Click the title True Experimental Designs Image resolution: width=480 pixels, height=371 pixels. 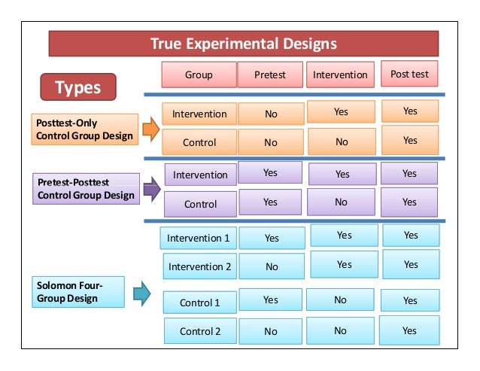(243, 44)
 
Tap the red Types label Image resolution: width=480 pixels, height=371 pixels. (78, 87)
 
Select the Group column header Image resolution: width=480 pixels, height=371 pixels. (199, 75)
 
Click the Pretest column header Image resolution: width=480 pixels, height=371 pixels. (270, 75)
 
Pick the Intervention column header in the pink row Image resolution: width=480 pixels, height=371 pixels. (340, 75)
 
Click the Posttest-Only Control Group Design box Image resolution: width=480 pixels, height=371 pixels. (85, 129)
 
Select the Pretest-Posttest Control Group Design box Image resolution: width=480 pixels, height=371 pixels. (87, 189)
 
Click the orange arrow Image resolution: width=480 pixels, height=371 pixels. (150, 129)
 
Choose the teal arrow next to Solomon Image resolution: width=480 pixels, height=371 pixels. (141, 293)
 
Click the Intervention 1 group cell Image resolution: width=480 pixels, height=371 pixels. (199, 238)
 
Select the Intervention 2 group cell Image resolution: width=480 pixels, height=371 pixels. (200, 266)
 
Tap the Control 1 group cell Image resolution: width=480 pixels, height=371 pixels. (199, 303)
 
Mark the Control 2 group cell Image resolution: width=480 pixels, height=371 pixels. (200, 331)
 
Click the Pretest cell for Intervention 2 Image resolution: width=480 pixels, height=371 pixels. (271, 266)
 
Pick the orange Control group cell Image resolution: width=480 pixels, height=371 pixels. (199, 142)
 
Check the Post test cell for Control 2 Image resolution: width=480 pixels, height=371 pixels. (409, 330)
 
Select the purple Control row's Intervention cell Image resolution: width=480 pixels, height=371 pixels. (341, 202)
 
